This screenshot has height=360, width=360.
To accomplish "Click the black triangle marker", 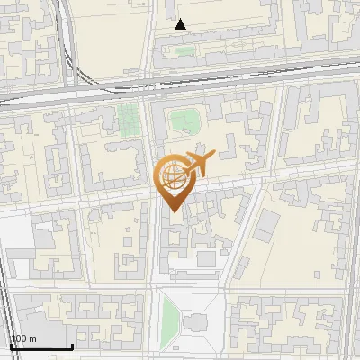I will click(181, 24).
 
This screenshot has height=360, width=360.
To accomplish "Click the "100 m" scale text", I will click(24, 339).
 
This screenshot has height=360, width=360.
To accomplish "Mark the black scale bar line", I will click(40, 347).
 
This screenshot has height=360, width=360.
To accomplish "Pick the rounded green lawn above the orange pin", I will click(185, 119).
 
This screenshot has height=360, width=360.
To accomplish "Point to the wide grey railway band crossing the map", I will click(180, 85).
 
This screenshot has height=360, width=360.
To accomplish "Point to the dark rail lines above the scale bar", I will click(7, 306).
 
